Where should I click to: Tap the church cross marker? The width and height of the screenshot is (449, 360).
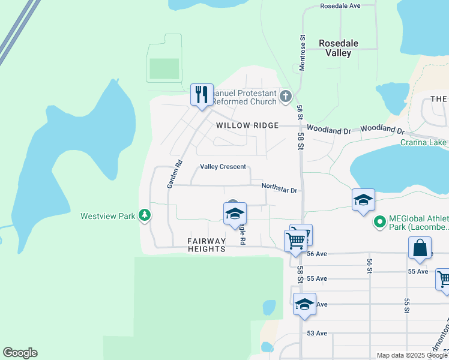point(286,95)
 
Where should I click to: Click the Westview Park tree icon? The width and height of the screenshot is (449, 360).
point(144,215)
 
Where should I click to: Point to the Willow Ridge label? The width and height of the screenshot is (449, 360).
point(247,125)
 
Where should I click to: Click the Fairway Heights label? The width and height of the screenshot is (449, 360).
point(206,245)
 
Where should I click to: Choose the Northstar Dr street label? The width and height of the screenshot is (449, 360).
point(280,187)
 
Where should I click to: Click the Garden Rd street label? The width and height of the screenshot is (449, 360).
point(174,175)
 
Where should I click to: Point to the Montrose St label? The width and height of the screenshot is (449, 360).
point(303,52)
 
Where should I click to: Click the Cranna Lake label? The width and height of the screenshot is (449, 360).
point(424,142)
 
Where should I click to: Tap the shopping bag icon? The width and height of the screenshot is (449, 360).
point(420,248)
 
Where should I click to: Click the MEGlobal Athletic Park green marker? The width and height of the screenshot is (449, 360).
point(379,223)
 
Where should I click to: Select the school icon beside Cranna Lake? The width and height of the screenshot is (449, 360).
point(363,200)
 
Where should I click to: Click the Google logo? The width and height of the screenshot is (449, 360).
point(20,353)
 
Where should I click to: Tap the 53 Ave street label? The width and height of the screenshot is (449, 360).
point(317,333)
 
